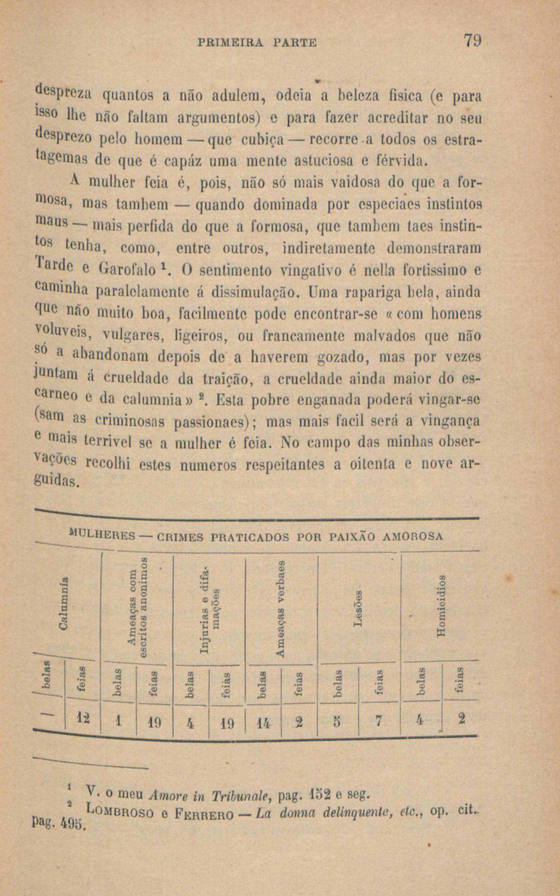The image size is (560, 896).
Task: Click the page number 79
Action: [472, 42]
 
